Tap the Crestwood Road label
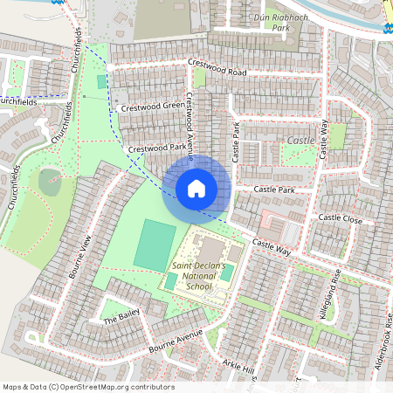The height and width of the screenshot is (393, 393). click(217, 67)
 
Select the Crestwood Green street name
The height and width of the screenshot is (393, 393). click(152, 107)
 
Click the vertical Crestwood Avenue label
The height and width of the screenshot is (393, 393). click(189, 122)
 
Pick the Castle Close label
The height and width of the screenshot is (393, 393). click(340, 217)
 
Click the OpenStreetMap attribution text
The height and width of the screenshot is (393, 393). click(87, 387)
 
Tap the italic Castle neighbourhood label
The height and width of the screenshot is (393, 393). click(300, 140)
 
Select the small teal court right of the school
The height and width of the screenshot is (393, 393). click(227, 272)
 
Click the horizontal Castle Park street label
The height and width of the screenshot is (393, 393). click(274, 190)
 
